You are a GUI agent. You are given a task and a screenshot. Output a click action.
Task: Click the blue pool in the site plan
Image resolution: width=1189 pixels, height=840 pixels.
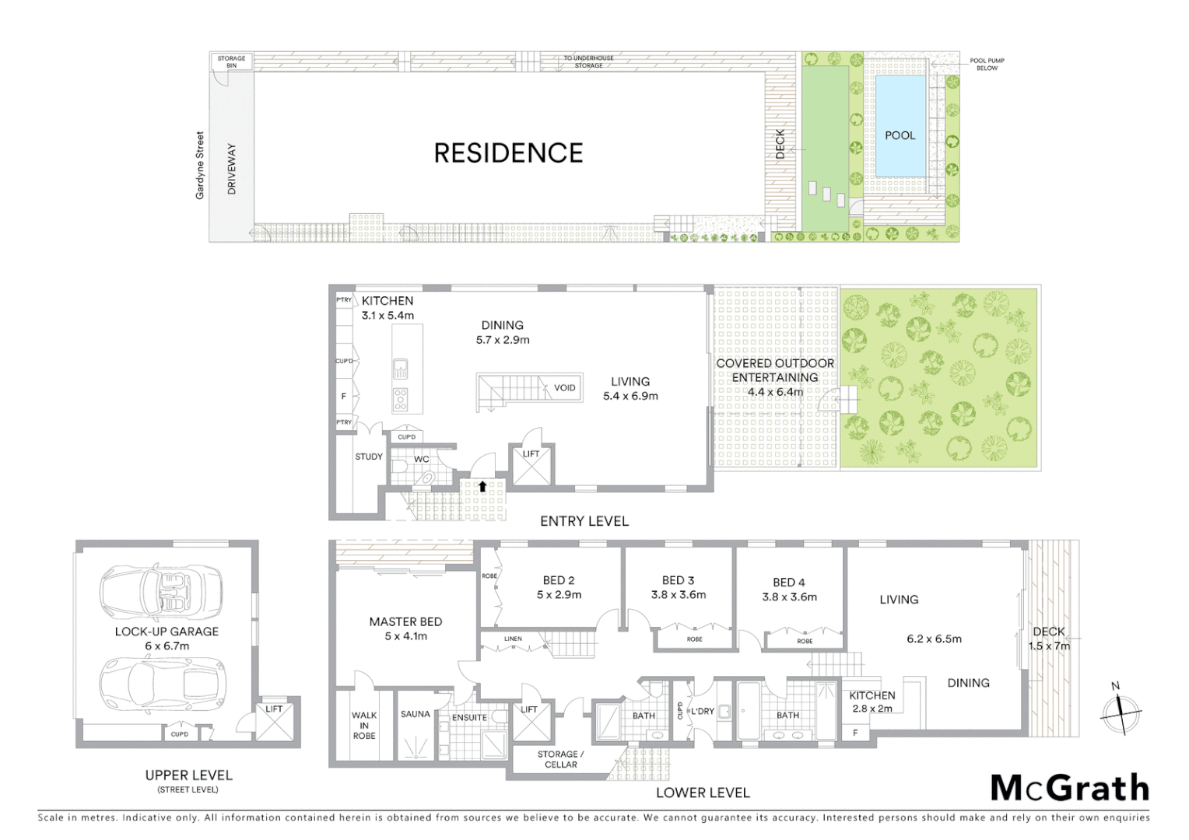pyautogui.click(x=900, y=125)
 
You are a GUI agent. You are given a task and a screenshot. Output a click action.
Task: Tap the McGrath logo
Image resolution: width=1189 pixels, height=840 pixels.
pyautogui.click(x=1070, y=788)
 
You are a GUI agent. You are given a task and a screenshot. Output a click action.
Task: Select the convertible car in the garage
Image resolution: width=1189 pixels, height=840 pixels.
pyautogui.click(x=161, y=588)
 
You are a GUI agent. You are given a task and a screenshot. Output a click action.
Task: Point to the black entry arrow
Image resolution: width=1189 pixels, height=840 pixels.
pyautogui.click(x=482, y=487)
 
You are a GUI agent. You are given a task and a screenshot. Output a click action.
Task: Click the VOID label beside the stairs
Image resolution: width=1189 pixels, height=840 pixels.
pyautogui.click(x=565, y=388)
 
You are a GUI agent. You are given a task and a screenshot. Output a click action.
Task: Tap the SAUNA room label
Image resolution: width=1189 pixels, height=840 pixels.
pyautogui.click(x=416, y=714)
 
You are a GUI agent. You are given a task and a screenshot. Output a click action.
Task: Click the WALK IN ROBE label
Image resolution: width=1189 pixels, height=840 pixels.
pyautogui.click(x=364, y=725)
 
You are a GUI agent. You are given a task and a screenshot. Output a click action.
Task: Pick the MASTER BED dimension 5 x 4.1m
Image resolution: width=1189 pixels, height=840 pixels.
pyautogui.click(x=405, y=636)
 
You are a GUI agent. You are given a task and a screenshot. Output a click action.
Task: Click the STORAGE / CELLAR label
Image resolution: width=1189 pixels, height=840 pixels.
pyautogui.click(x=560, y=759)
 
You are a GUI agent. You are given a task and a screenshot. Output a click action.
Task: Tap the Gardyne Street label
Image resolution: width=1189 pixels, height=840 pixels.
pyautogui.click(x=200, y=165)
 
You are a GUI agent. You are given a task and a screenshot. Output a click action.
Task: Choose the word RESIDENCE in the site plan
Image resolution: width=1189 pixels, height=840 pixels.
pyautogui.click(x=508, y=153)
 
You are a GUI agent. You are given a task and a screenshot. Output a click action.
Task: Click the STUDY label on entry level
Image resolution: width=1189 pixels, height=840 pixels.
pyautogui.click(x=369, y=457)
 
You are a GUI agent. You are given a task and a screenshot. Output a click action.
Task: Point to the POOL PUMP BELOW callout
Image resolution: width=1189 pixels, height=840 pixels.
pyautogui.click(x=987, y=65)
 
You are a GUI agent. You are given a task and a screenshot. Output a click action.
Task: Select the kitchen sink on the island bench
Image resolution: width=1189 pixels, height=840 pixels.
pyautogui.click(x=400, y=366)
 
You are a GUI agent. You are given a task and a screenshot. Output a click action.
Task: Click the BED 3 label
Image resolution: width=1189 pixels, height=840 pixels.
pyautogui.click(x=678, y=580)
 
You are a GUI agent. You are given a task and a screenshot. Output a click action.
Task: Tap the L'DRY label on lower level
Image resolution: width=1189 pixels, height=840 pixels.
pyautogui.click(x=702, y=711)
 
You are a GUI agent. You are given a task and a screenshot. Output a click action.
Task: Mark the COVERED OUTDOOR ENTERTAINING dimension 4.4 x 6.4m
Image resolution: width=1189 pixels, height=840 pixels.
pyautogui.click(x=775, y=392)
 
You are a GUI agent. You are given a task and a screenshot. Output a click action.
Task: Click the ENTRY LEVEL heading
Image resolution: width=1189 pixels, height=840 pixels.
pyautogui.click(x=584, y=521)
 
